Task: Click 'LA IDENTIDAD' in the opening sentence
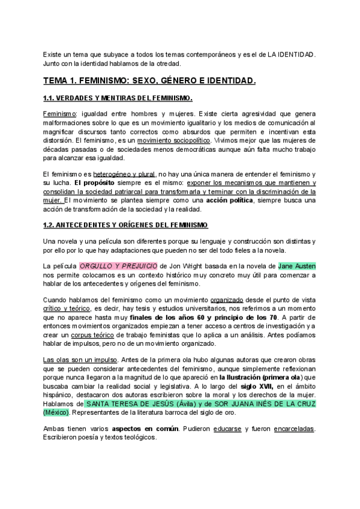(290, 54)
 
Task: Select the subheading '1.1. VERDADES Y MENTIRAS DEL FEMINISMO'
(118, 98)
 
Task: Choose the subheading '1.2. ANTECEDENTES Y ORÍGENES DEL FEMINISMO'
(125, 224)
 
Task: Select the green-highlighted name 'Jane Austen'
(297, 265)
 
